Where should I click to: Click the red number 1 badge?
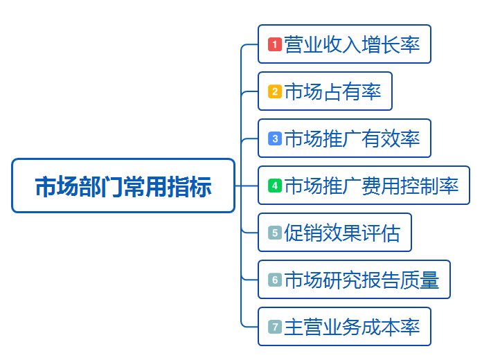click(x=274, y=44)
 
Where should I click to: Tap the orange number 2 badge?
click(x=274, y=91)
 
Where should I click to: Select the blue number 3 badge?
click(x=274, y=138)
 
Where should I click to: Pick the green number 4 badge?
click(x=274, y=186)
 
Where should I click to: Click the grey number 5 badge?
click(x=274, y=233)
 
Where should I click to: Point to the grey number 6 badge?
click(x=274, y=280)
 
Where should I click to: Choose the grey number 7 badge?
click(x=274, y=327)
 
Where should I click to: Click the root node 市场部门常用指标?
click(x=123, y=186)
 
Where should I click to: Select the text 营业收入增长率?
click(x=352, y=44)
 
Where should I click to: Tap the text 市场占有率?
click(x=332, y=91)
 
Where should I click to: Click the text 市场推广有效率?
click(x=352, y=138)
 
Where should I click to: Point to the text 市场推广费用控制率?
click(x=371, y=186)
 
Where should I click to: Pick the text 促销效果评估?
click(x=342, y=233)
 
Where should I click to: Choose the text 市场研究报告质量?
click(x=361, y=280)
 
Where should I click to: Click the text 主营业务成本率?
click(x=352, y=327)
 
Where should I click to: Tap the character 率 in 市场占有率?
click(x=371, y=91)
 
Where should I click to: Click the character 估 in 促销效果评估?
click(x=391, y=233)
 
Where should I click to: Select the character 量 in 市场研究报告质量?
click(x=429, y=280)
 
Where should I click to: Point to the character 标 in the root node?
click(x=200, y=186)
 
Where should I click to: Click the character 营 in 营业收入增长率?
click(x=294, y=44)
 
